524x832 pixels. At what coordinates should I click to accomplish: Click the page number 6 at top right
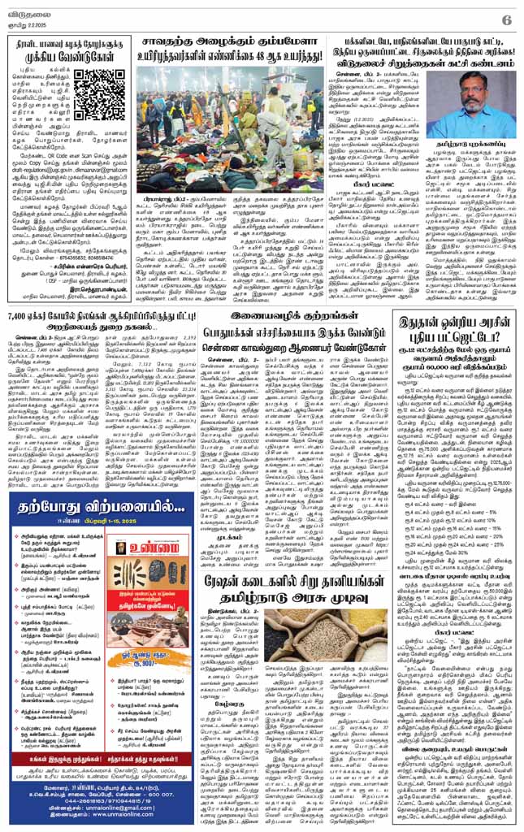coord(505,17)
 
